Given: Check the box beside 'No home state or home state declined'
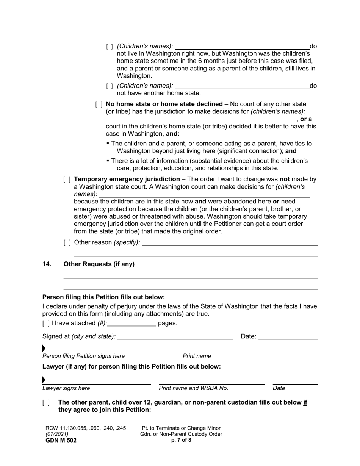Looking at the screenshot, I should click(x=99, y=104).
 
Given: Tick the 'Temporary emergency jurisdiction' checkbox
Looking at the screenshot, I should click(x=67, y=179).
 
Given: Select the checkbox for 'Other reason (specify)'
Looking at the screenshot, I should click(x=67, y=242).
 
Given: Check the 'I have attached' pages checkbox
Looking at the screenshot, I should click(x=46, y=323).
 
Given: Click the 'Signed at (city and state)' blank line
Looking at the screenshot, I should click(x=175, y=336).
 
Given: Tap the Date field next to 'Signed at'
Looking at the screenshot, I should click(x=288, y=336).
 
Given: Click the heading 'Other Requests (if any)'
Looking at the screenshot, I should click(x=99, y=264).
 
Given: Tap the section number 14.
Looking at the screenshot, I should click(x=47, y=264).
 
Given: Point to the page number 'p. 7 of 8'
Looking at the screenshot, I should click(x=181, y=440).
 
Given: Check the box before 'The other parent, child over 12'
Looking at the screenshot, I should click(x=46, y=403).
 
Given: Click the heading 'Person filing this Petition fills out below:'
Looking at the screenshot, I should click(x=103, y=297).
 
